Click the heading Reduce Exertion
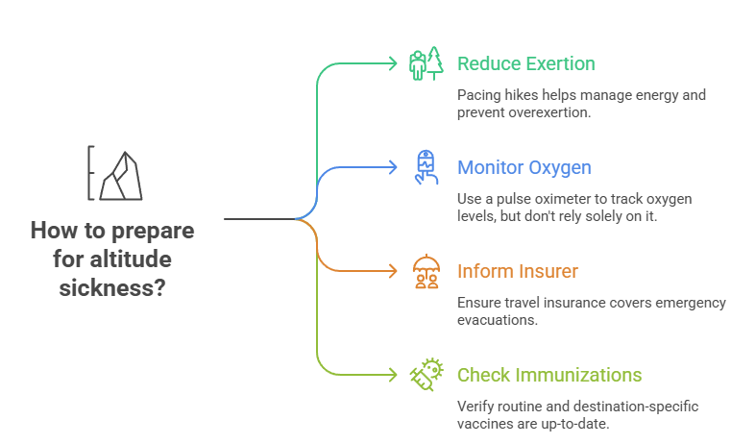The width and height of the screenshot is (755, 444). (525, 63)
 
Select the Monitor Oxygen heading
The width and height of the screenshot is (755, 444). (524, 167)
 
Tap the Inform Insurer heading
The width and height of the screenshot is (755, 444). (517, 271)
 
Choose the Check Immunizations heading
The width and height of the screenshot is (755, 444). (549, 375)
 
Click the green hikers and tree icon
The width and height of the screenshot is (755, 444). (425, 63)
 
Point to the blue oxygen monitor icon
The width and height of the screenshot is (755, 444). (425, 167)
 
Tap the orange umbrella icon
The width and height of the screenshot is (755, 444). (425, 271)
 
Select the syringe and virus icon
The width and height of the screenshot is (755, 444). (425, 375)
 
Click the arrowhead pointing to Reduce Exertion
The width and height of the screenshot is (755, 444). (392, 63)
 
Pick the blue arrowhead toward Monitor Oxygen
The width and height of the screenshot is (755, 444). (392, 167)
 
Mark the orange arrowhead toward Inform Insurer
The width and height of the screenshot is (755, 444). (392, 271)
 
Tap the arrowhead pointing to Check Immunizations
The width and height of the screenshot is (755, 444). (392, 375)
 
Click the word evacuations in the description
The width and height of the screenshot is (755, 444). (496, 320)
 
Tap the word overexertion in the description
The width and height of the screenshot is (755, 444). (558, 112)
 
